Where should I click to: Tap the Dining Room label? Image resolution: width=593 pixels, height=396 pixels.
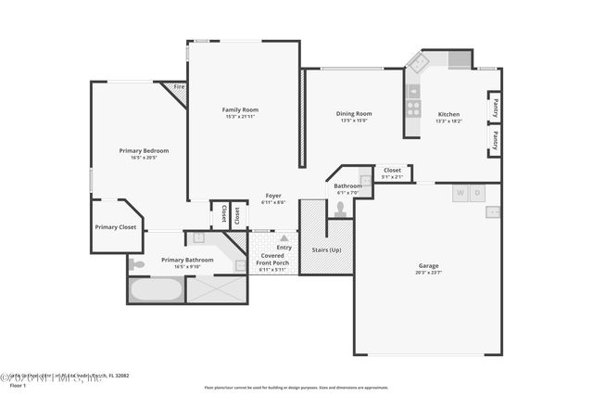[354, 113]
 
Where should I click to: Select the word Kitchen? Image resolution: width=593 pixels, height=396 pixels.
[448, 113]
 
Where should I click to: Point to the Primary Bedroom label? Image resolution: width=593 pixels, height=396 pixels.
[144, 150]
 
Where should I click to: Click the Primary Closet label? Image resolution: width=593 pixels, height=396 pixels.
[115, 226]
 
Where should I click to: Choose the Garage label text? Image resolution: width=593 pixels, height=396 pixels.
[427, 265]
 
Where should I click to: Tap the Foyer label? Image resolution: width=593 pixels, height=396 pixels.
[273, 195]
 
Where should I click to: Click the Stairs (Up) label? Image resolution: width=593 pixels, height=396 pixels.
[326, 249]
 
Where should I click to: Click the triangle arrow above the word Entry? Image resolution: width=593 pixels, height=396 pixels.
[284, 238]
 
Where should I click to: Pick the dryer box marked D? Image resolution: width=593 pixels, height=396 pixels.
[476, 194]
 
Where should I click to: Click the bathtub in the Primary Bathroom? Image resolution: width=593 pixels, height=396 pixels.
[156, 289]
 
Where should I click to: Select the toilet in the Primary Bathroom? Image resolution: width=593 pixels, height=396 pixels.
[137, 264]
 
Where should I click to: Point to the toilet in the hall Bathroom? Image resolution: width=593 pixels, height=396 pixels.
[340, 209]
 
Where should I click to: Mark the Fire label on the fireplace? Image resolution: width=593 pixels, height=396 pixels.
[178, 87]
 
